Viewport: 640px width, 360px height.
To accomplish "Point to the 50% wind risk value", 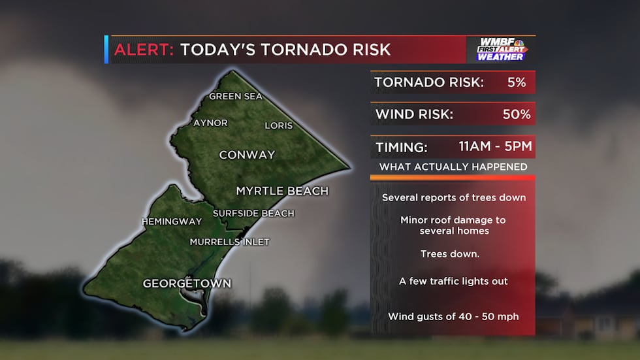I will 516,114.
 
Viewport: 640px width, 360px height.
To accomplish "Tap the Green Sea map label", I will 235,97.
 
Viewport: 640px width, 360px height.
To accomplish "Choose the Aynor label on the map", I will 210,123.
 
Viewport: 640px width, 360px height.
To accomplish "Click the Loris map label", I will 278,125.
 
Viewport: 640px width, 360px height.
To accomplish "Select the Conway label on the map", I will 247,155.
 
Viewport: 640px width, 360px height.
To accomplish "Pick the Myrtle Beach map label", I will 281,191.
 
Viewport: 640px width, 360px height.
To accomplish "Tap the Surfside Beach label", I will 253,214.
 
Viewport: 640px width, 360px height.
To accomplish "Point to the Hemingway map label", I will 172,221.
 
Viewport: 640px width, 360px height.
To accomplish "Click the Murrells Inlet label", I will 229,242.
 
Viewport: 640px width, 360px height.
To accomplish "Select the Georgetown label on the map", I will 187,284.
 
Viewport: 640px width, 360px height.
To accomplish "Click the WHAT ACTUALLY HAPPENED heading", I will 453,167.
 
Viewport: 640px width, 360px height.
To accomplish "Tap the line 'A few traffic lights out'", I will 453,281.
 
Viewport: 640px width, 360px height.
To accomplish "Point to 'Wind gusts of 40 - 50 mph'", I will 453,316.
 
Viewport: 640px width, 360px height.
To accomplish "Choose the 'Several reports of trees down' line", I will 453,197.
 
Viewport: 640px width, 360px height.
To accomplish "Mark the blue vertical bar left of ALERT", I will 106,50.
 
